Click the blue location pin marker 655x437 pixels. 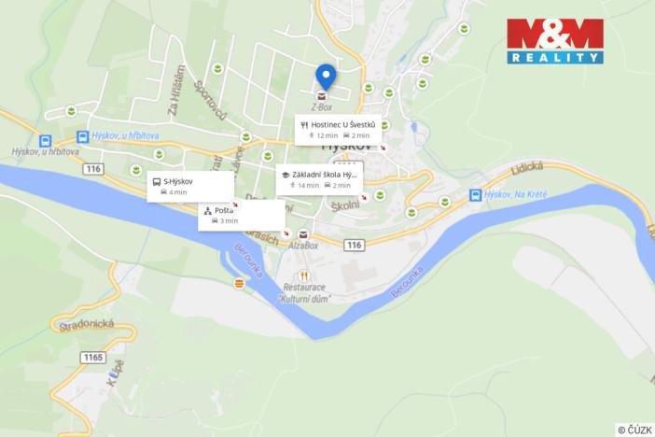coord(325,76)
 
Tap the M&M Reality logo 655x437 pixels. coord(554,40)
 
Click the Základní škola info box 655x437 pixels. coord(317,179)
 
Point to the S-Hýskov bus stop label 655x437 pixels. coord(190,186)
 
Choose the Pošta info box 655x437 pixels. coord(241,215)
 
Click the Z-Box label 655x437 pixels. coord(322,106)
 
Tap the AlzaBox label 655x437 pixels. coord(303,246)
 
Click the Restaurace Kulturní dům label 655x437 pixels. coord(305,291)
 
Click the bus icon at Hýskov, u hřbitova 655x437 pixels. coord(83,136)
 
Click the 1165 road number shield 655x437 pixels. coord(92,357)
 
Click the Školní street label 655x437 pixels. coord(344,204)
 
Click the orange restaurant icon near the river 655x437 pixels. coord(239,282)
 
